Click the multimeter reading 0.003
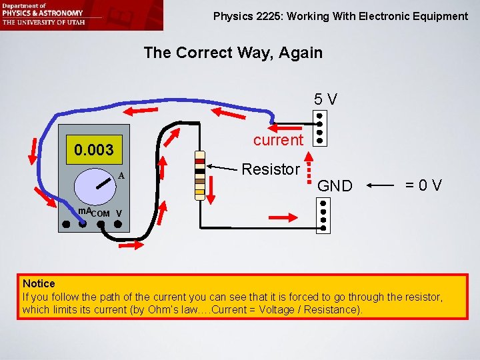coord(94,149)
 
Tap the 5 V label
coord(326,99)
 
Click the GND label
coord(335,186)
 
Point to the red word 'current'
coord(278,139)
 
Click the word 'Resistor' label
coord(271,169)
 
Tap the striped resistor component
coord(199,175)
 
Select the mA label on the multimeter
coord(84,211)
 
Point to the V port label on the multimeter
coord(118,213)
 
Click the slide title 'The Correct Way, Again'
coord(233,53)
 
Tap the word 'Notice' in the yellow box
coord(39,284)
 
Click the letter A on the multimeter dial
coord(121,176)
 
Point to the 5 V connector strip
coord(321,127)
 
